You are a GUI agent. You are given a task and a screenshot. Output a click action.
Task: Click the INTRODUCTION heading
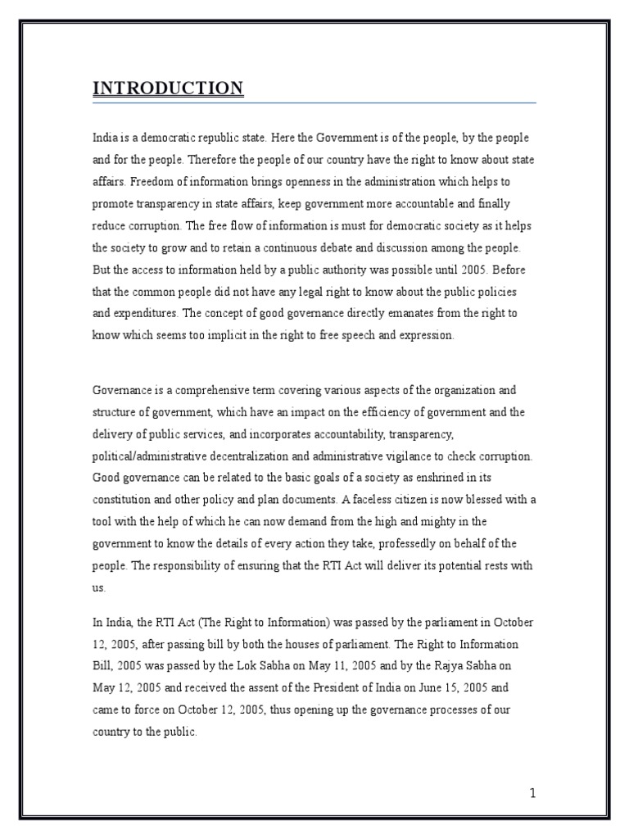[168, 88]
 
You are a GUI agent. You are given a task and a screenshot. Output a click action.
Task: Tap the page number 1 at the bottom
[532, 792]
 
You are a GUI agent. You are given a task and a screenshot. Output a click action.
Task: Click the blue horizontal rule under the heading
[314, 103]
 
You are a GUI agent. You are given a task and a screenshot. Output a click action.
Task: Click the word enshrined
[437, 478]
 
